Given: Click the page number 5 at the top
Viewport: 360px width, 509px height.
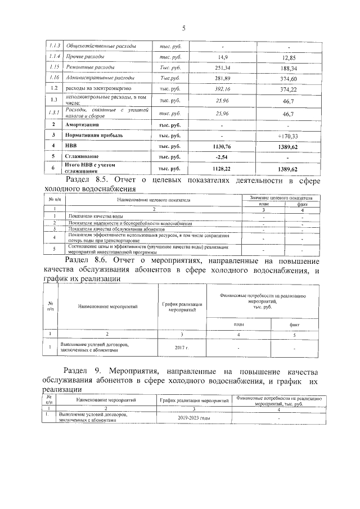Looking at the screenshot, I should (x=183, y=29).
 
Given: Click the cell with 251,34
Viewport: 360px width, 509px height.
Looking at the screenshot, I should (x=223, y=67).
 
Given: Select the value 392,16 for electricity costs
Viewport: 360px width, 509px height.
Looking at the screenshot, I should (x=223, y=89).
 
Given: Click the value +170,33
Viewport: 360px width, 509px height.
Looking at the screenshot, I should (x=288, y=136).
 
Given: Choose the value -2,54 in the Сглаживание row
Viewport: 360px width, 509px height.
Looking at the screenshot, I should (x=223, y=156).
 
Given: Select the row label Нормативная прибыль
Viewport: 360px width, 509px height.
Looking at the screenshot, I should (x=95, y=136).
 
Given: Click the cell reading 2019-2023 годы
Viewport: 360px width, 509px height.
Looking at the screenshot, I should (x=193, y=418).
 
